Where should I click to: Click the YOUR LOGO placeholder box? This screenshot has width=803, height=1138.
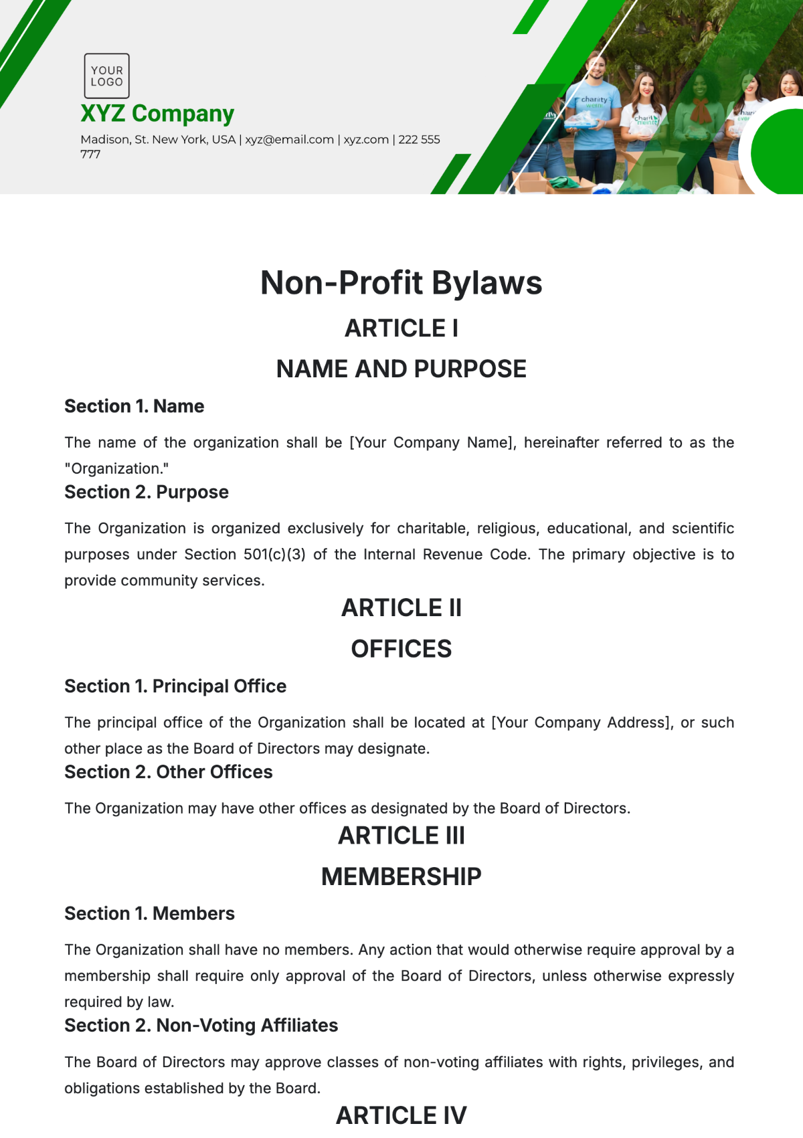(x=106, y=76)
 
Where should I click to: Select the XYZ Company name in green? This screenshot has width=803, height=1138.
(x=157, y=114)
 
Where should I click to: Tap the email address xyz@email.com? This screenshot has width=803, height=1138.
(x=289, y=140)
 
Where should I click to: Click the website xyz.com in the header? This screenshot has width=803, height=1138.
(x=366, y=140)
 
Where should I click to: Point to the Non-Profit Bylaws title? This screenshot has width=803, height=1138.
(x=401, y=283)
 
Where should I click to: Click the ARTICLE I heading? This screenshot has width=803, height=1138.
(x=401, y=328)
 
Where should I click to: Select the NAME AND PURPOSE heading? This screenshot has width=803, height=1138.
(x=401, y=369)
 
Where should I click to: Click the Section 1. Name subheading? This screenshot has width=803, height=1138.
(x=134, y=406)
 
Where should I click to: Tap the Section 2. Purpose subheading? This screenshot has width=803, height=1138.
(x=146, y=492)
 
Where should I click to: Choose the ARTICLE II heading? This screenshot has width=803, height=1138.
(x=401, y=608)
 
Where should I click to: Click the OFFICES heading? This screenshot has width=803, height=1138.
(x=401, y=649)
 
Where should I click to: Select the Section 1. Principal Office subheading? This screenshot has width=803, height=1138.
(x=175, y=686)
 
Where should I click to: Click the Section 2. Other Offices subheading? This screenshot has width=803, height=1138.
(x=168, y=772)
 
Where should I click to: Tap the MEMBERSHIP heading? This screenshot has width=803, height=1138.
(x=401, y=876)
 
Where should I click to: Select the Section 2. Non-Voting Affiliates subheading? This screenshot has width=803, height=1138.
(x=201, y=1026)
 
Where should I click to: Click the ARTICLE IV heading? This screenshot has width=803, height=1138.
(x=401, y=1115)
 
